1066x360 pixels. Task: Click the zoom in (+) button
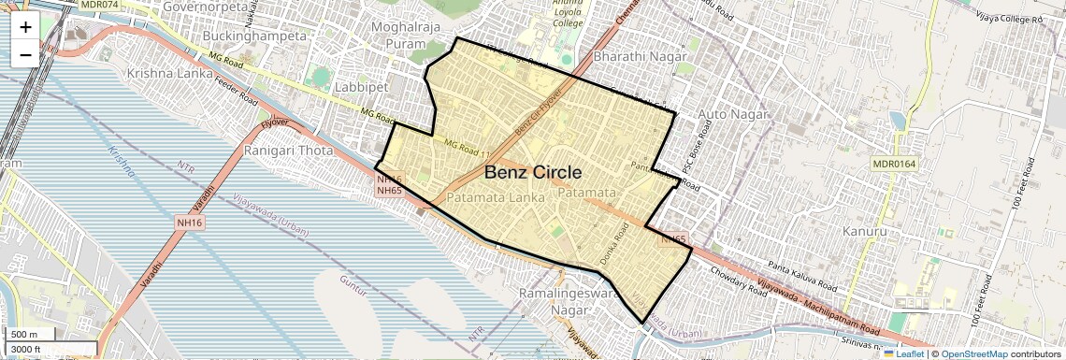(25, 26)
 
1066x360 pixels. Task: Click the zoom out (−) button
(25, 54)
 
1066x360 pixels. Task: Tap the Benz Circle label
(533, 173)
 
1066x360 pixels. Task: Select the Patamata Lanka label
(496, 198)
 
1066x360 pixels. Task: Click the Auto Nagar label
(733, 114)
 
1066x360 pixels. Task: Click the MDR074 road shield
(100, 5)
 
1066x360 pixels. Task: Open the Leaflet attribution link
(903, 353)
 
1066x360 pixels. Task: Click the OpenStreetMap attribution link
(973, 353)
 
